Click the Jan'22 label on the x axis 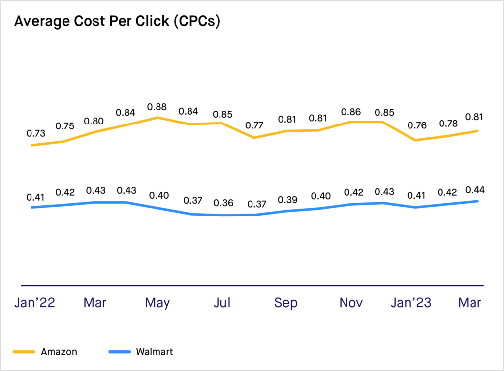click(34, 303)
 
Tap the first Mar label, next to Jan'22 click(95, 303)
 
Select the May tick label click(157, 303)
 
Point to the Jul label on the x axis click(222, 303)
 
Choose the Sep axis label click(286, 303)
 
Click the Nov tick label click(351, 303)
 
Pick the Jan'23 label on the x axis click(411, 303)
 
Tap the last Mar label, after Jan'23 click(470, 303)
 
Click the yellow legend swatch click(24, 352)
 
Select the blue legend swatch click(120, 352)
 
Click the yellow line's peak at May click(157, 118)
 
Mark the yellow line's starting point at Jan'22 click(32, 145)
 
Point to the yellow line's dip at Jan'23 click(416, 140)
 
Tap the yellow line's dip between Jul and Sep click(254, 138)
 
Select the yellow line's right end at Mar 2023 click(477, 131)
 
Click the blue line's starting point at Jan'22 click(32, 208)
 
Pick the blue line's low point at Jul click(222, 215)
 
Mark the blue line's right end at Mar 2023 click(477, 201)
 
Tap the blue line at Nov click(351, 204)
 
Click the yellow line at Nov click(351, 122)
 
